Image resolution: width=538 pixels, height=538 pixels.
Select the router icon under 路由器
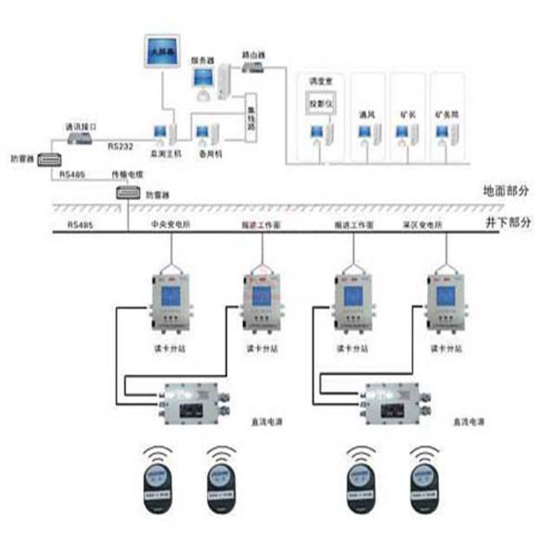[x=252, y=67]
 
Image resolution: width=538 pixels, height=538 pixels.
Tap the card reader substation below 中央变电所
[x=169, y=302]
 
